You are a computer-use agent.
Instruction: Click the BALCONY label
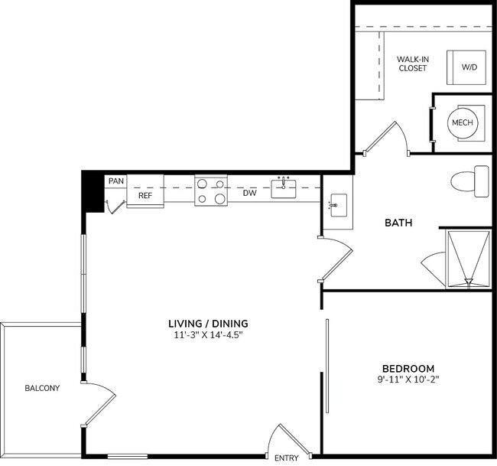coord(41,388)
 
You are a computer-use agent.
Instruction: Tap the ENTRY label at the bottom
coord(287,458)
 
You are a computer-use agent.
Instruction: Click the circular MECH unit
coord(462,122)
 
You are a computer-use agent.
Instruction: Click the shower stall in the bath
coord(466,259)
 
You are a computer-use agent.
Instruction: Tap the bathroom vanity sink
coord(336,205)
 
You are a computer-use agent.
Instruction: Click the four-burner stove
coord(212,191)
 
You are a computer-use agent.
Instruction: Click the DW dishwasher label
coord(249,194)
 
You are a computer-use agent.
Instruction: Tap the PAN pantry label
coord(116,181)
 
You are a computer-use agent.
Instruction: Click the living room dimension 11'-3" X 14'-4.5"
coord(208,335)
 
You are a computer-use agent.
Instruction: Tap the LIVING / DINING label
coord(208,323)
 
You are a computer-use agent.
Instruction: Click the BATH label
coord(398,223)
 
